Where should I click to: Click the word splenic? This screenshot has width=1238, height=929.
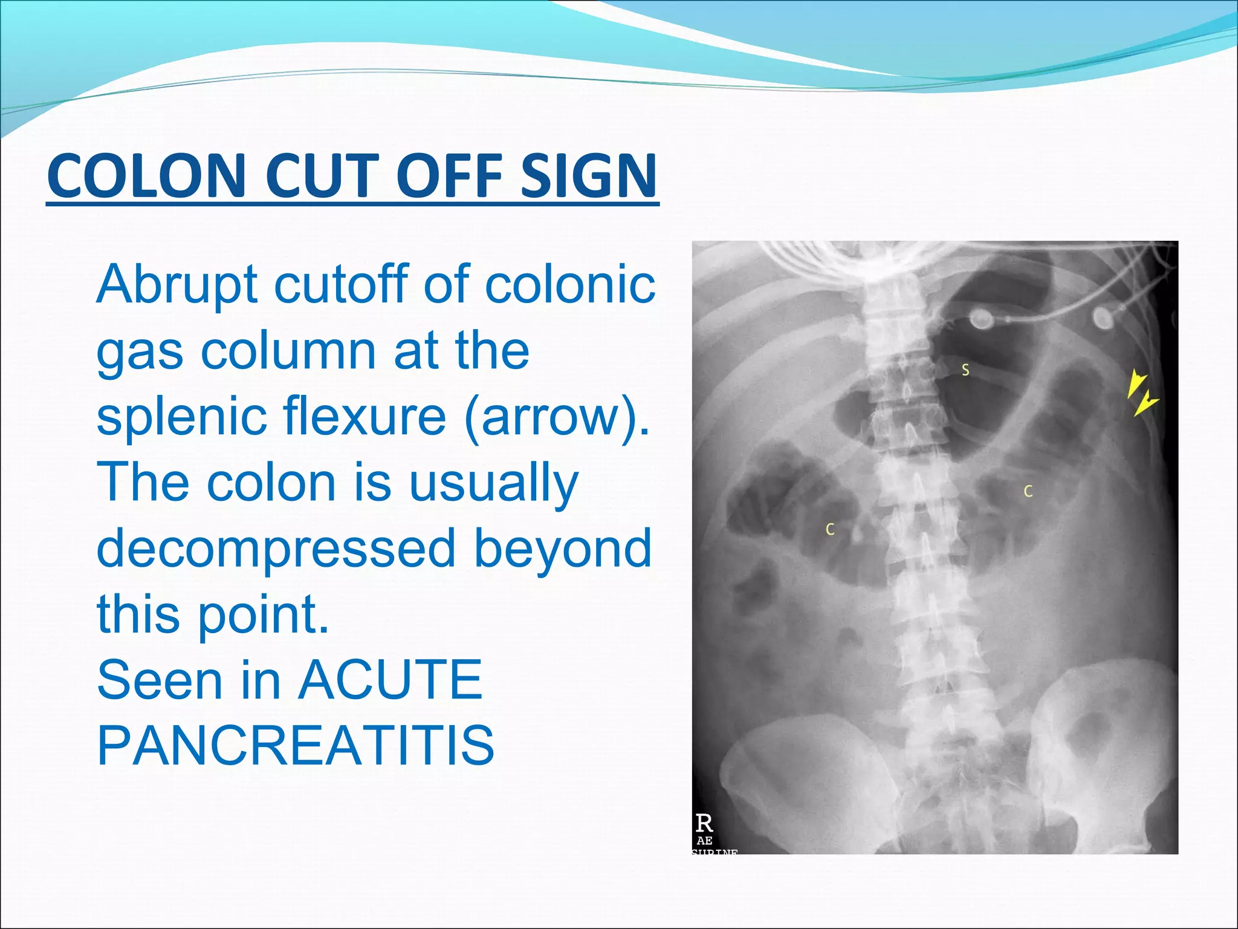[x=181, y=417]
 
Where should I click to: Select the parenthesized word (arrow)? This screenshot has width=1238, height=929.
[x=557, y=417]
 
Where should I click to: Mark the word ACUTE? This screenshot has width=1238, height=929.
[x=391, y=680]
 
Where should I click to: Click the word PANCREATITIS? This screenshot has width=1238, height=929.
[x=296, y=745]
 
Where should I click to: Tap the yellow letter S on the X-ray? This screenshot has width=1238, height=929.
[x=965, y=370]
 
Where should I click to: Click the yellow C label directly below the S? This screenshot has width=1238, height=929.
[x=1028, y=492]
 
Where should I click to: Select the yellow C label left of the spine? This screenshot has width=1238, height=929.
[x=830, y=530]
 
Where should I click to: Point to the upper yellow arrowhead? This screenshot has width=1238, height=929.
[x=1136, y=384]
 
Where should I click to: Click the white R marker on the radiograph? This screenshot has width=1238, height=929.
[x=704, y=823]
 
